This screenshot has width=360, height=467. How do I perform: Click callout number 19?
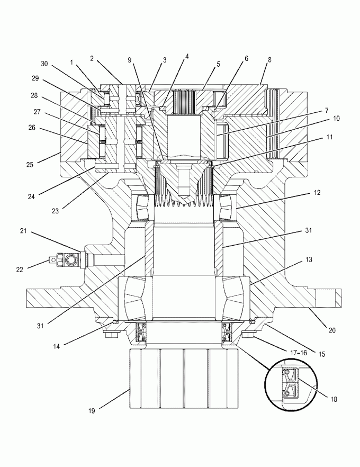tap(92, 411)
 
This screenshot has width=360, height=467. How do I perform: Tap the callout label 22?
tap(20, 269)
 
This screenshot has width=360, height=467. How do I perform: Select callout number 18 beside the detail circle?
tap(334, 399)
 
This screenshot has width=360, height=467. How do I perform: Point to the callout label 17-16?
tap(298, 353)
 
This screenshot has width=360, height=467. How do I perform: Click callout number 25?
tap(30, 164)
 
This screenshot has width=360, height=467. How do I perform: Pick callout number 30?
tap(44, 64)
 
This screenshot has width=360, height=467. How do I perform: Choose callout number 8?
tap(269, 59)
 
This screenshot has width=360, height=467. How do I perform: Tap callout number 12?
tap(317, 192)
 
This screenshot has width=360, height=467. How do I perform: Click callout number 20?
tap(332, 330)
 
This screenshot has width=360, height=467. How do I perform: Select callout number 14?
tap(57, 346)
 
